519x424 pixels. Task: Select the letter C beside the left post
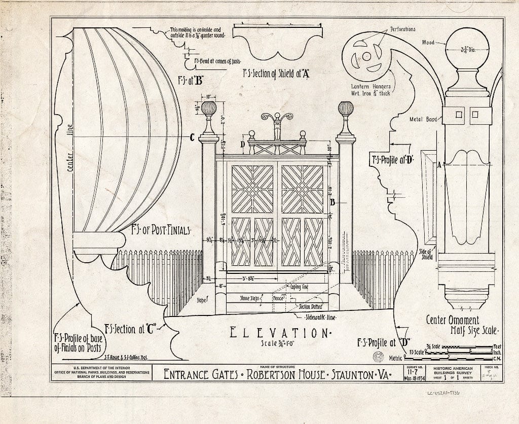(192, 136)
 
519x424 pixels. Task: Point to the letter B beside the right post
(332, 202)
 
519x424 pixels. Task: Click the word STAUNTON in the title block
(350, 376)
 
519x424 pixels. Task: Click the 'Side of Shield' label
(426, 254)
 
